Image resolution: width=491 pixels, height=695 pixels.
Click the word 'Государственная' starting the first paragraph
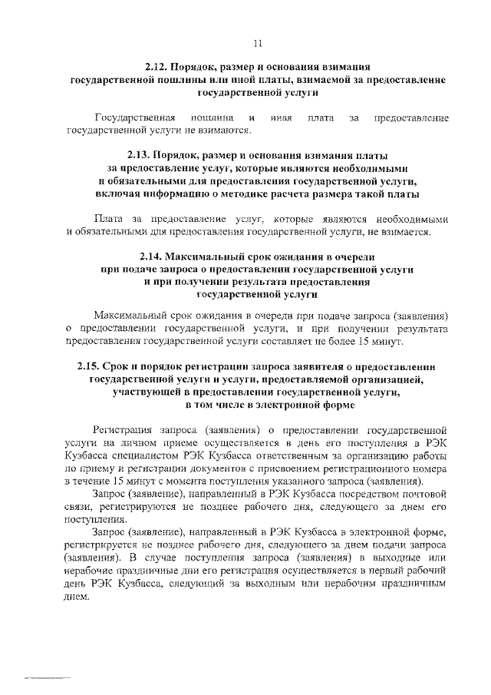pyautogui.click(x=130, y=118)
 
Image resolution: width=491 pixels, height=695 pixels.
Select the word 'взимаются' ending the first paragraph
pyautogui.click(x=183, y=131)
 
